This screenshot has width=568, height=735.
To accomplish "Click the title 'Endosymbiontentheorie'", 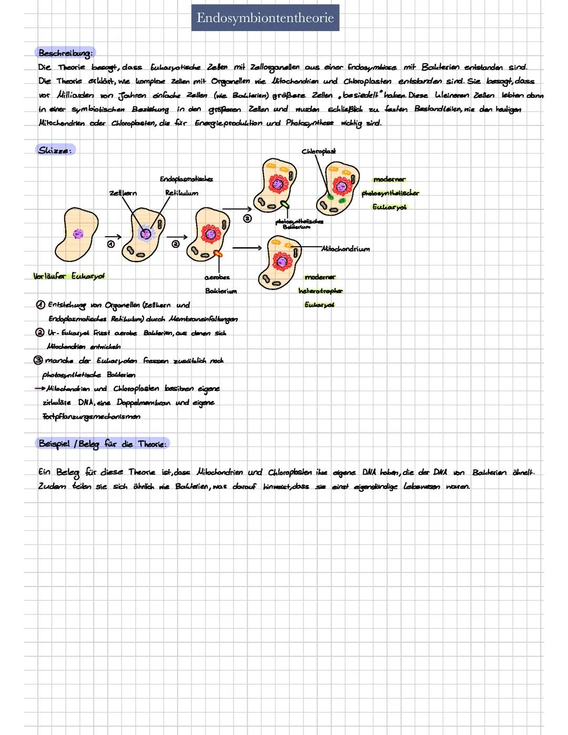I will tap(265, 18).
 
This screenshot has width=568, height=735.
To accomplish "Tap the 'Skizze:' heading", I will tap(55, 150).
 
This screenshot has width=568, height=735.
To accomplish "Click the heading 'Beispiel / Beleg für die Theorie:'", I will tap(103, 444).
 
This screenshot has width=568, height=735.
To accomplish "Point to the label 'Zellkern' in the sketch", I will tap(123, 193).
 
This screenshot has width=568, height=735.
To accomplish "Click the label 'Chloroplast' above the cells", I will tap(319, 152).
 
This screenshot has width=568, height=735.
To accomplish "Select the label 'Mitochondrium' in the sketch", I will tap(346, 249).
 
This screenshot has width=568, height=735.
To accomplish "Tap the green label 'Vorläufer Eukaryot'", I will tap(69, 276).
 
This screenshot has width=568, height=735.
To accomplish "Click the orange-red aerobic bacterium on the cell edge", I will tap(217, 254).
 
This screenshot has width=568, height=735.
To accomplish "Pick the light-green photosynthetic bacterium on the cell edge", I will tap(285, 204).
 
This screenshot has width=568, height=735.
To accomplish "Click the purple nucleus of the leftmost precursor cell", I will tap(78, 233).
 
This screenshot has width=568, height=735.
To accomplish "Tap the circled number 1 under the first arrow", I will tap(111, 245).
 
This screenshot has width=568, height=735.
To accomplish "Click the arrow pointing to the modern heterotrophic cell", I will tap(247, 247).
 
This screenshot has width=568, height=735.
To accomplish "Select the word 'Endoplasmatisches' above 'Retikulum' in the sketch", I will tap(186, 179).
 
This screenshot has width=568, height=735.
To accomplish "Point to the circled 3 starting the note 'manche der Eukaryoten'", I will tap(38, 360).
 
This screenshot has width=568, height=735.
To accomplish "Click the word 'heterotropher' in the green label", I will tap(320, 291).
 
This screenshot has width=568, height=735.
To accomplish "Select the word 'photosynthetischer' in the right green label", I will tap(390, 193).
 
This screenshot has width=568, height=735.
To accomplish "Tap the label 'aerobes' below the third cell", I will tap(217, 277).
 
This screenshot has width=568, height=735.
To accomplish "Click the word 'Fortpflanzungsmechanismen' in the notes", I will tap(92, 417).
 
